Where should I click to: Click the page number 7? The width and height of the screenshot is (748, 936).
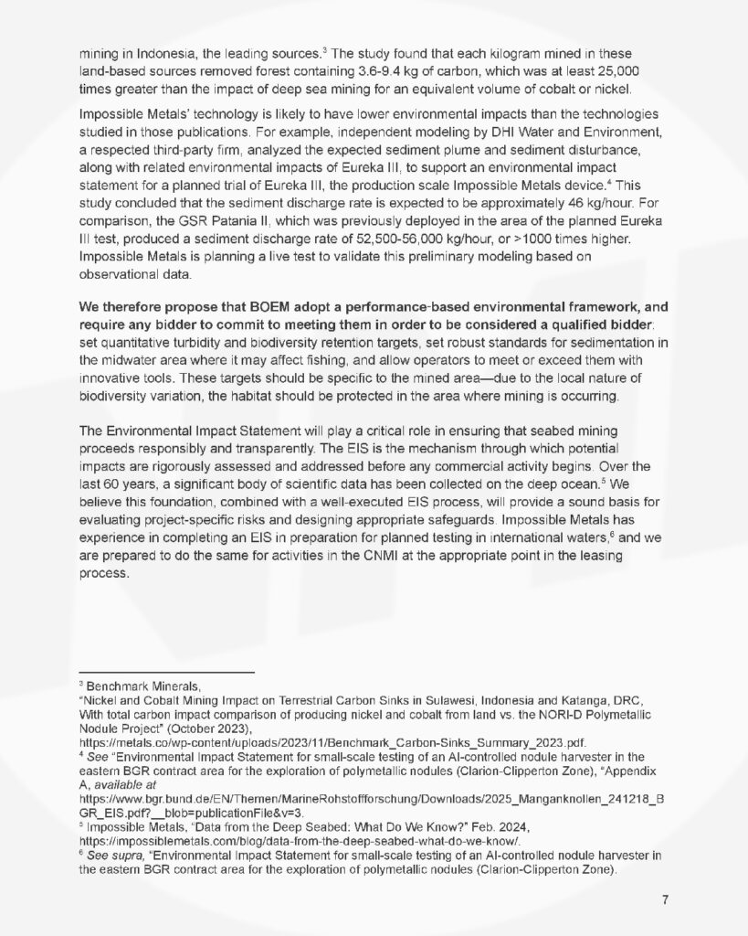click(666, 899)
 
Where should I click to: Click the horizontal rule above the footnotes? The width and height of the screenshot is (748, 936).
click(165, 672)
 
